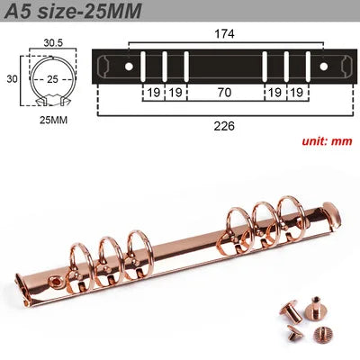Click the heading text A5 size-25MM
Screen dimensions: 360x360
73,11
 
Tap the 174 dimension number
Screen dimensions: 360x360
224,34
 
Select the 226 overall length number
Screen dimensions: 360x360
224,126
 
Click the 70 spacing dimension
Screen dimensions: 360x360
224,93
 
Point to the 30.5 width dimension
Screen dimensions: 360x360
53,43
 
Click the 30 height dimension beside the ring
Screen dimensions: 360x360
12,79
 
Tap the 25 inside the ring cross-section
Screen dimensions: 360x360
52,79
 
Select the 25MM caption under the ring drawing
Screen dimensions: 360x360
53,121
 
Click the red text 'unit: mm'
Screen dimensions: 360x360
327,141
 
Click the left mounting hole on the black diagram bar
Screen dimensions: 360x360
129,67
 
